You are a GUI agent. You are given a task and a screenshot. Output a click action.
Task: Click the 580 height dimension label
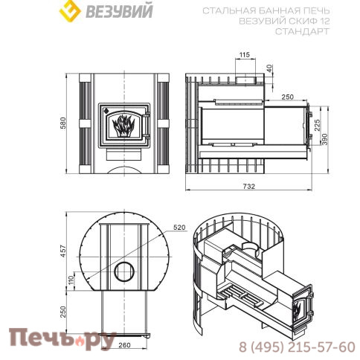click(65, 121)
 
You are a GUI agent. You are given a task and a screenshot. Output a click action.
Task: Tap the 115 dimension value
click(245, 54)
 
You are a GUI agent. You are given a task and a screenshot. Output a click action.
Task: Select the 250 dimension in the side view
click(288, 97)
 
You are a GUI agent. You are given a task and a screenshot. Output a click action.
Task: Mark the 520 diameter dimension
click(179, 226)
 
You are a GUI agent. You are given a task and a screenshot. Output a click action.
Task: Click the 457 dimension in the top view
click(65, 250)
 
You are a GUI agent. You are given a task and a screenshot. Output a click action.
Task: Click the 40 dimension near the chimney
click(269, 68)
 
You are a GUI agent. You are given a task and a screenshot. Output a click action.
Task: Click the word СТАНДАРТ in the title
click(302, 31)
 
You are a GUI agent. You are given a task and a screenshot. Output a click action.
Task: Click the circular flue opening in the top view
click(123, 271)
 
